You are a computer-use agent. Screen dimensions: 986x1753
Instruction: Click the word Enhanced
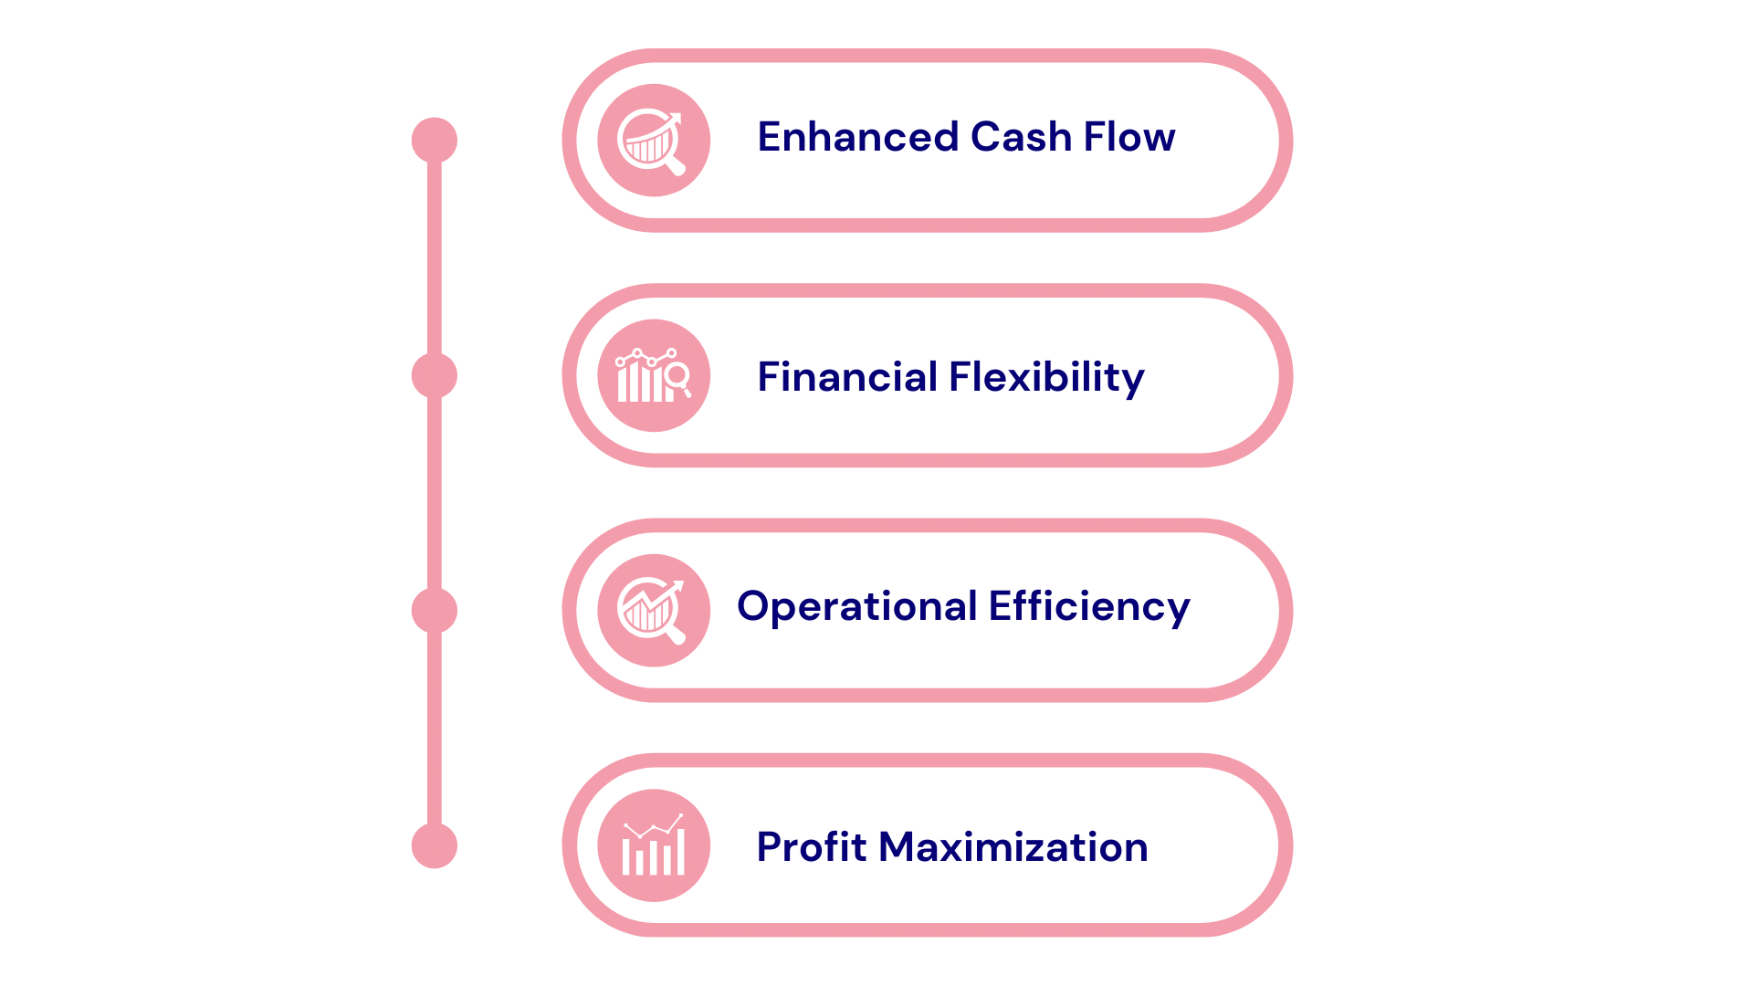(857, 138)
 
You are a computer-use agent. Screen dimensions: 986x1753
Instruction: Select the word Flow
(1129, 138)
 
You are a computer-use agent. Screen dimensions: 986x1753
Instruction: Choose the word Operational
(856, 607)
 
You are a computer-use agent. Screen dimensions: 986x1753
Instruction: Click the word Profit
(811, 848)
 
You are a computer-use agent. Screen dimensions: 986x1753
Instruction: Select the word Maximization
(1013, 847)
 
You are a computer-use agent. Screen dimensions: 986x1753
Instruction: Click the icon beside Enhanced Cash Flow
(654, 141)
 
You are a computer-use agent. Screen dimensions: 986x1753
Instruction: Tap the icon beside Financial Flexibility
(654, 375)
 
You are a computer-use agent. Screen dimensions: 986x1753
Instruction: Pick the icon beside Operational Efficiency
(654, 610)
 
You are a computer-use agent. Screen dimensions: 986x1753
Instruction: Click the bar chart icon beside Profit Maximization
(654, 845)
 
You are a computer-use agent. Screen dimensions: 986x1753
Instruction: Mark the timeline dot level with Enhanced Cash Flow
(435, 141)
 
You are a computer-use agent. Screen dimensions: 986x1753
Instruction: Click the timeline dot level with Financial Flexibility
(435, 375)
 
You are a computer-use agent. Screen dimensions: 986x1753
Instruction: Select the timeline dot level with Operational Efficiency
(435, 611)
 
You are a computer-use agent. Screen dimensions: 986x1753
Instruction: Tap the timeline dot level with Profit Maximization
(435, 845)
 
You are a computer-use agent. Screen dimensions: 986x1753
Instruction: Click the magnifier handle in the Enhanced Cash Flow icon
(676, 167)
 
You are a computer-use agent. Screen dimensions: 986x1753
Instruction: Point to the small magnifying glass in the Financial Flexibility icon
(678, 376)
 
